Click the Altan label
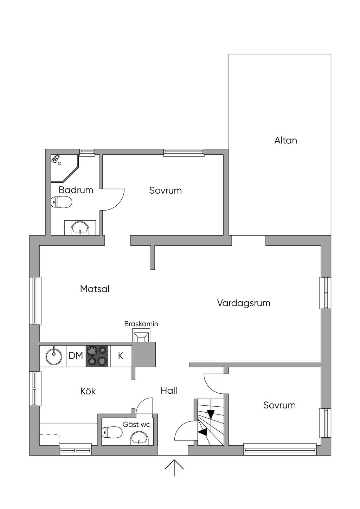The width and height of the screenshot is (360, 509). click(285, 141)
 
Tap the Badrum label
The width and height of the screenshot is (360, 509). click(76, 190)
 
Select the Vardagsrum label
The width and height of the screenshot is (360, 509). click(244, 303)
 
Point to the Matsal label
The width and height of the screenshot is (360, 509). click(95, 289)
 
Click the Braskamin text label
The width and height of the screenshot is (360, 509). click(141, 324)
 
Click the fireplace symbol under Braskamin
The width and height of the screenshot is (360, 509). click(141, 336)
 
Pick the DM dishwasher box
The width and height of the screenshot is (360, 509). click(76, 356)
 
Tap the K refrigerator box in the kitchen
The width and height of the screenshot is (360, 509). click(121, 356)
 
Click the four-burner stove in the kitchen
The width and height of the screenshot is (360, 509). click(97, 356)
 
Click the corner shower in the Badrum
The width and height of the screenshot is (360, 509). click(63, 167)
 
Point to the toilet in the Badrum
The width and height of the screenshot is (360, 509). click(62, 202)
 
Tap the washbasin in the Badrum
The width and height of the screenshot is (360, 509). click(80, 228)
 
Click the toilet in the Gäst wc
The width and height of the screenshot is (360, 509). click(112, 432)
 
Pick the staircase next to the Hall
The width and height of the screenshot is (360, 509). click(210, 422)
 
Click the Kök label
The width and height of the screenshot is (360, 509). click(88, 391)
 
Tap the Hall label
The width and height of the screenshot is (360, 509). click(169, 391)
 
